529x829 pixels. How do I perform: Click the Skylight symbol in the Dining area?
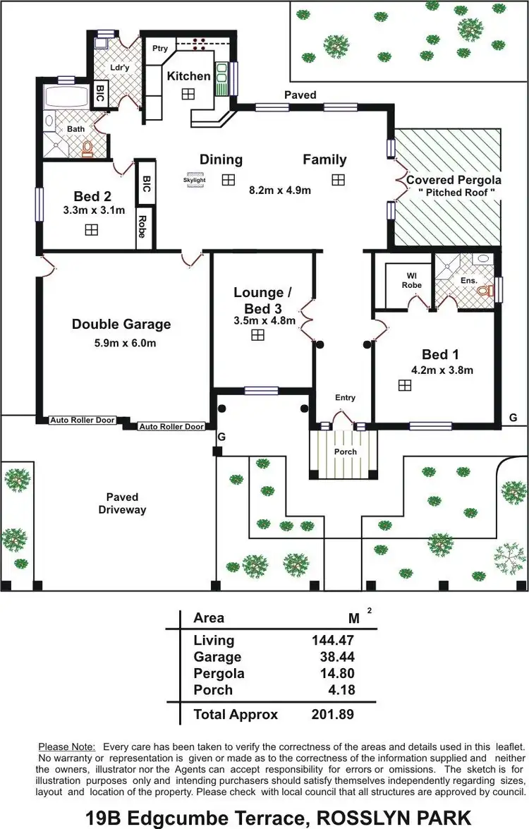click(195, 179)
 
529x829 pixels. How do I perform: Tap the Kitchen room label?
click(188, 75)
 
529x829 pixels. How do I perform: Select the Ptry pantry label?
click(160, 49)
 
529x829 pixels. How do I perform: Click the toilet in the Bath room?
click(87, 148)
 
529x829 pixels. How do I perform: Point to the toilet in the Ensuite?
click(483, 290)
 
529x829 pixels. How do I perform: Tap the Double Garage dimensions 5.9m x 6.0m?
click(121, 344)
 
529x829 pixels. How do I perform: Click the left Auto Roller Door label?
click(83, 420)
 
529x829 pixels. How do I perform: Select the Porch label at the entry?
click(346, 452)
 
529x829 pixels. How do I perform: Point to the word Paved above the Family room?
click(300, 95)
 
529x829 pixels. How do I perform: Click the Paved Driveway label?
click(122, 503)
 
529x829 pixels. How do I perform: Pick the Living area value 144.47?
click(332, 641)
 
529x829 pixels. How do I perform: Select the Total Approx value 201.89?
click(332, 715)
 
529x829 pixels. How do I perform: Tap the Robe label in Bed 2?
click(142, 226)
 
